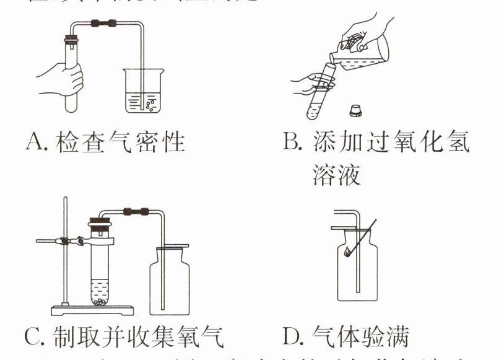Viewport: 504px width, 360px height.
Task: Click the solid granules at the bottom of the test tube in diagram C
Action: point(100,302)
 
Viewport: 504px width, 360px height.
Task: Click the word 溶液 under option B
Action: point(336,175)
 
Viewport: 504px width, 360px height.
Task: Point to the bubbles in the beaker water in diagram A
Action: point(149,103)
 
